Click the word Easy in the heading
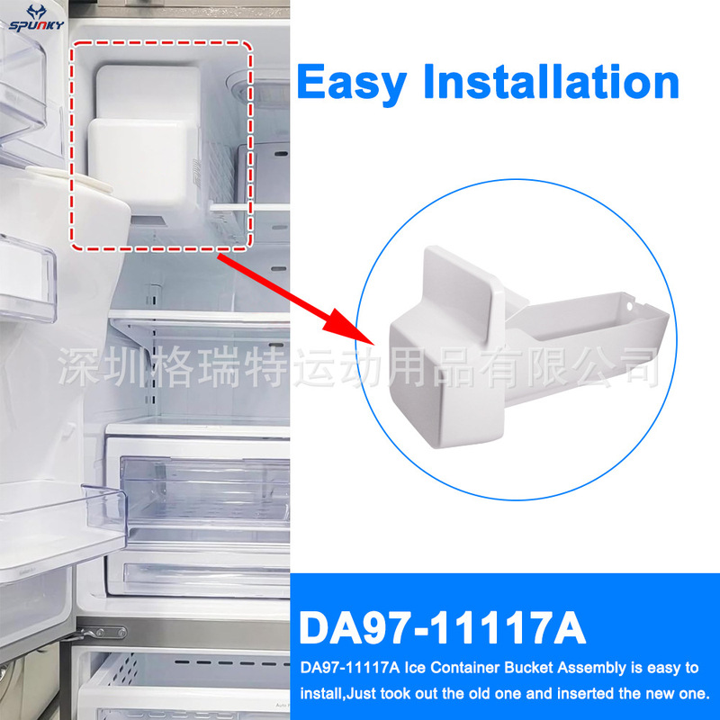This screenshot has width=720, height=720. pos(350,82)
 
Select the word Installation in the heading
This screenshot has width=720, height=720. pos(551,82)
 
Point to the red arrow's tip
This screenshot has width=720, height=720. pos(372,342)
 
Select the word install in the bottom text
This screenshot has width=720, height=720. pos(316,694)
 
